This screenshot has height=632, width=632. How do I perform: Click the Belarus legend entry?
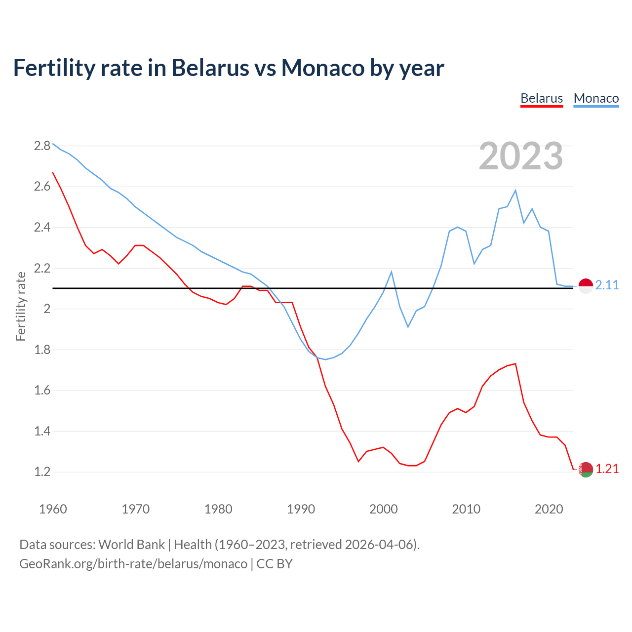[x=542, y=98]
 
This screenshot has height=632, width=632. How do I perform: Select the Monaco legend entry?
[x=596, y=98]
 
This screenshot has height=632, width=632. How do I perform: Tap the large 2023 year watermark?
[x=521, y=156]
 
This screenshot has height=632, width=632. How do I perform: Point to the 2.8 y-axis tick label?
[x=42, y=146]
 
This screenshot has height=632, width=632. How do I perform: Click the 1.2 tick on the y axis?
[x=42, y=472]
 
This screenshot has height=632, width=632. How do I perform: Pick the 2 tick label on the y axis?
[x=47, y=309]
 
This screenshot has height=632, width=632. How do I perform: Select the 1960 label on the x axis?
[x=53, y=509]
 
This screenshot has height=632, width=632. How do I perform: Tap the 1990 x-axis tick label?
[x=301, y=509]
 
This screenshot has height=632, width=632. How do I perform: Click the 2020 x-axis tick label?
[x=549, y=509]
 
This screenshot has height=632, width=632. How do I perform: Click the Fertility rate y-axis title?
[x=21, y=306]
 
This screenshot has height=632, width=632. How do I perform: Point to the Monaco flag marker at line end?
[x=586, y=286]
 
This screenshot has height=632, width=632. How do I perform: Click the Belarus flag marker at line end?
[x=586, y=470]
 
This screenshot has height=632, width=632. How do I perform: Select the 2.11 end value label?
[x=607, y=285]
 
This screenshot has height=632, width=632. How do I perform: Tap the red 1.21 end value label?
[x=607, y=469]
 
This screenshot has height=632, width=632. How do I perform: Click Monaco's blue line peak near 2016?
[x=515, y=191]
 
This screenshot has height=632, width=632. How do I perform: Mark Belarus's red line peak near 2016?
[x=515, y=364]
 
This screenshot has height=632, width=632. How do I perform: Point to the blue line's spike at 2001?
[x=392, y=272]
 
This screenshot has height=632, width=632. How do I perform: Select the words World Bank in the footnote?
[x=131, y=545]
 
